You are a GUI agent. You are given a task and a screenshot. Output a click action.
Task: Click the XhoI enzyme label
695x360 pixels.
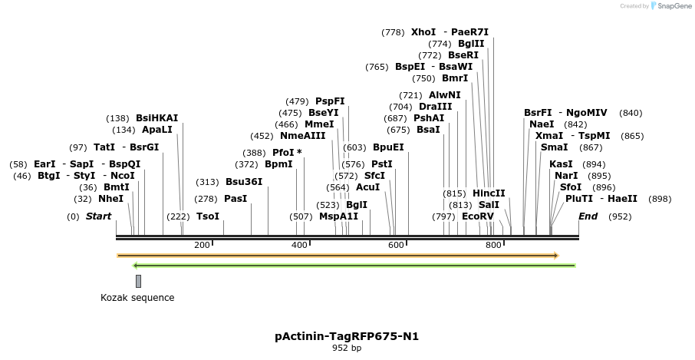pyautogui.click(x=423, y=32)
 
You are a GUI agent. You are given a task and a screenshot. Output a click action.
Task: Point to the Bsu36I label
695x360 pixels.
pyautogui.click(x=244, y=182)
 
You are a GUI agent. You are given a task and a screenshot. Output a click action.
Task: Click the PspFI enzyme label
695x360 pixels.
pyautogui.click(x=330, y=101)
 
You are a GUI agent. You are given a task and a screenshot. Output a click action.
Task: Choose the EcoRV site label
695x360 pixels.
pyautogui.click(x=478, y=216)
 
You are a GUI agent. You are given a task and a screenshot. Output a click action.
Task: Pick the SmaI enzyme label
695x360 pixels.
pyautogui.click(x=555, y=147)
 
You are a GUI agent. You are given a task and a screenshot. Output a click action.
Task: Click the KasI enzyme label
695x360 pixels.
pyautogui.click(x=561, y=164)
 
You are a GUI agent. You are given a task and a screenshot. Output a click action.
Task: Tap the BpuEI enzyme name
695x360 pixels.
pyautogui.click(x=388, y=147)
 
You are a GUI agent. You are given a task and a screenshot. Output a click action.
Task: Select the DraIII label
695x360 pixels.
pyautogui.click(x=436, y=107)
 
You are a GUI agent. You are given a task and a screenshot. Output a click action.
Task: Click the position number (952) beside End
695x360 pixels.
pyautogui.click(x=620, y=216)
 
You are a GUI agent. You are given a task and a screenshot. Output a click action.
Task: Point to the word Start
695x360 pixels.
pyautogui.click(x=98, y=216)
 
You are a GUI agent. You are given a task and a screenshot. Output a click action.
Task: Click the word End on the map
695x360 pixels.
pyautogui.click(x=588, y=216)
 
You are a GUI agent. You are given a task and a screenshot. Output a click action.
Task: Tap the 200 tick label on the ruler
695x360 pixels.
pyautogui.click(x=202, y=245)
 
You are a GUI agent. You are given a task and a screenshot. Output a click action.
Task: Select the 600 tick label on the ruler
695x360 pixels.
pyautogui.click(x=396, y=245)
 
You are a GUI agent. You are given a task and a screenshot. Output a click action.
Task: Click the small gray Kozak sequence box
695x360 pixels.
pyautogui.click(x=138, y=281)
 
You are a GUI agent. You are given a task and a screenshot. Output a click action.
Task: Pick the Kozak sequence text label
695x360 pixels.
pyautogui.click(x=137, y=298)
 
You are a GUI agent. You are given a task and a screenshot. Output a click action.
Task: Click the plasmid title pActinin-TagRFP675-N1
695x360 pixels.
pyautogui.click(x=347, y=336)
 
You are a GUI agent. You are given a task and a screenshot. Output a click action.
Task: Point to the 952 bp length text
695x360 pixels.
pyautogui.click(x=347, y=348)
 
